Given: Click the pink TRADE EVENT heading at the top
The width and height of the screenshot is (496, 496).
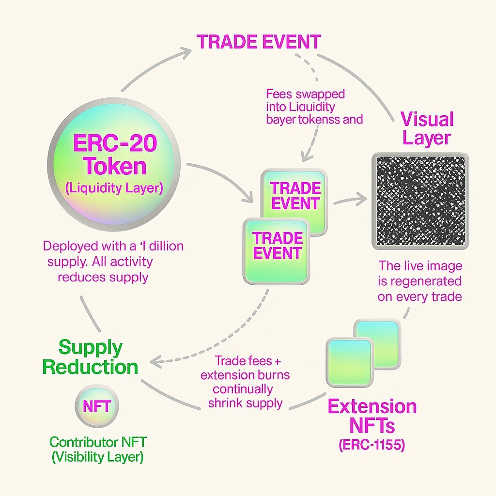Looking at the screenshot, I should click(x=259, y=42).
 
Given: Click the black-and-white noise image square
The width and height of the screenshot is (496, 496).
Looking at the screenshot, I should click(x=419, y=201).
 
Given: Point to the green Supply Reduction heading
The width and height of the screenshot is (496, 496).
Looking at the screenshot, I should click(x=90, y=357).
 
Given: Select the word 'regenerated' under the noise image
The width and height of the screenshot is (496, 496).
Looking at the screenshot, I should click(x=419, y=281).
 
